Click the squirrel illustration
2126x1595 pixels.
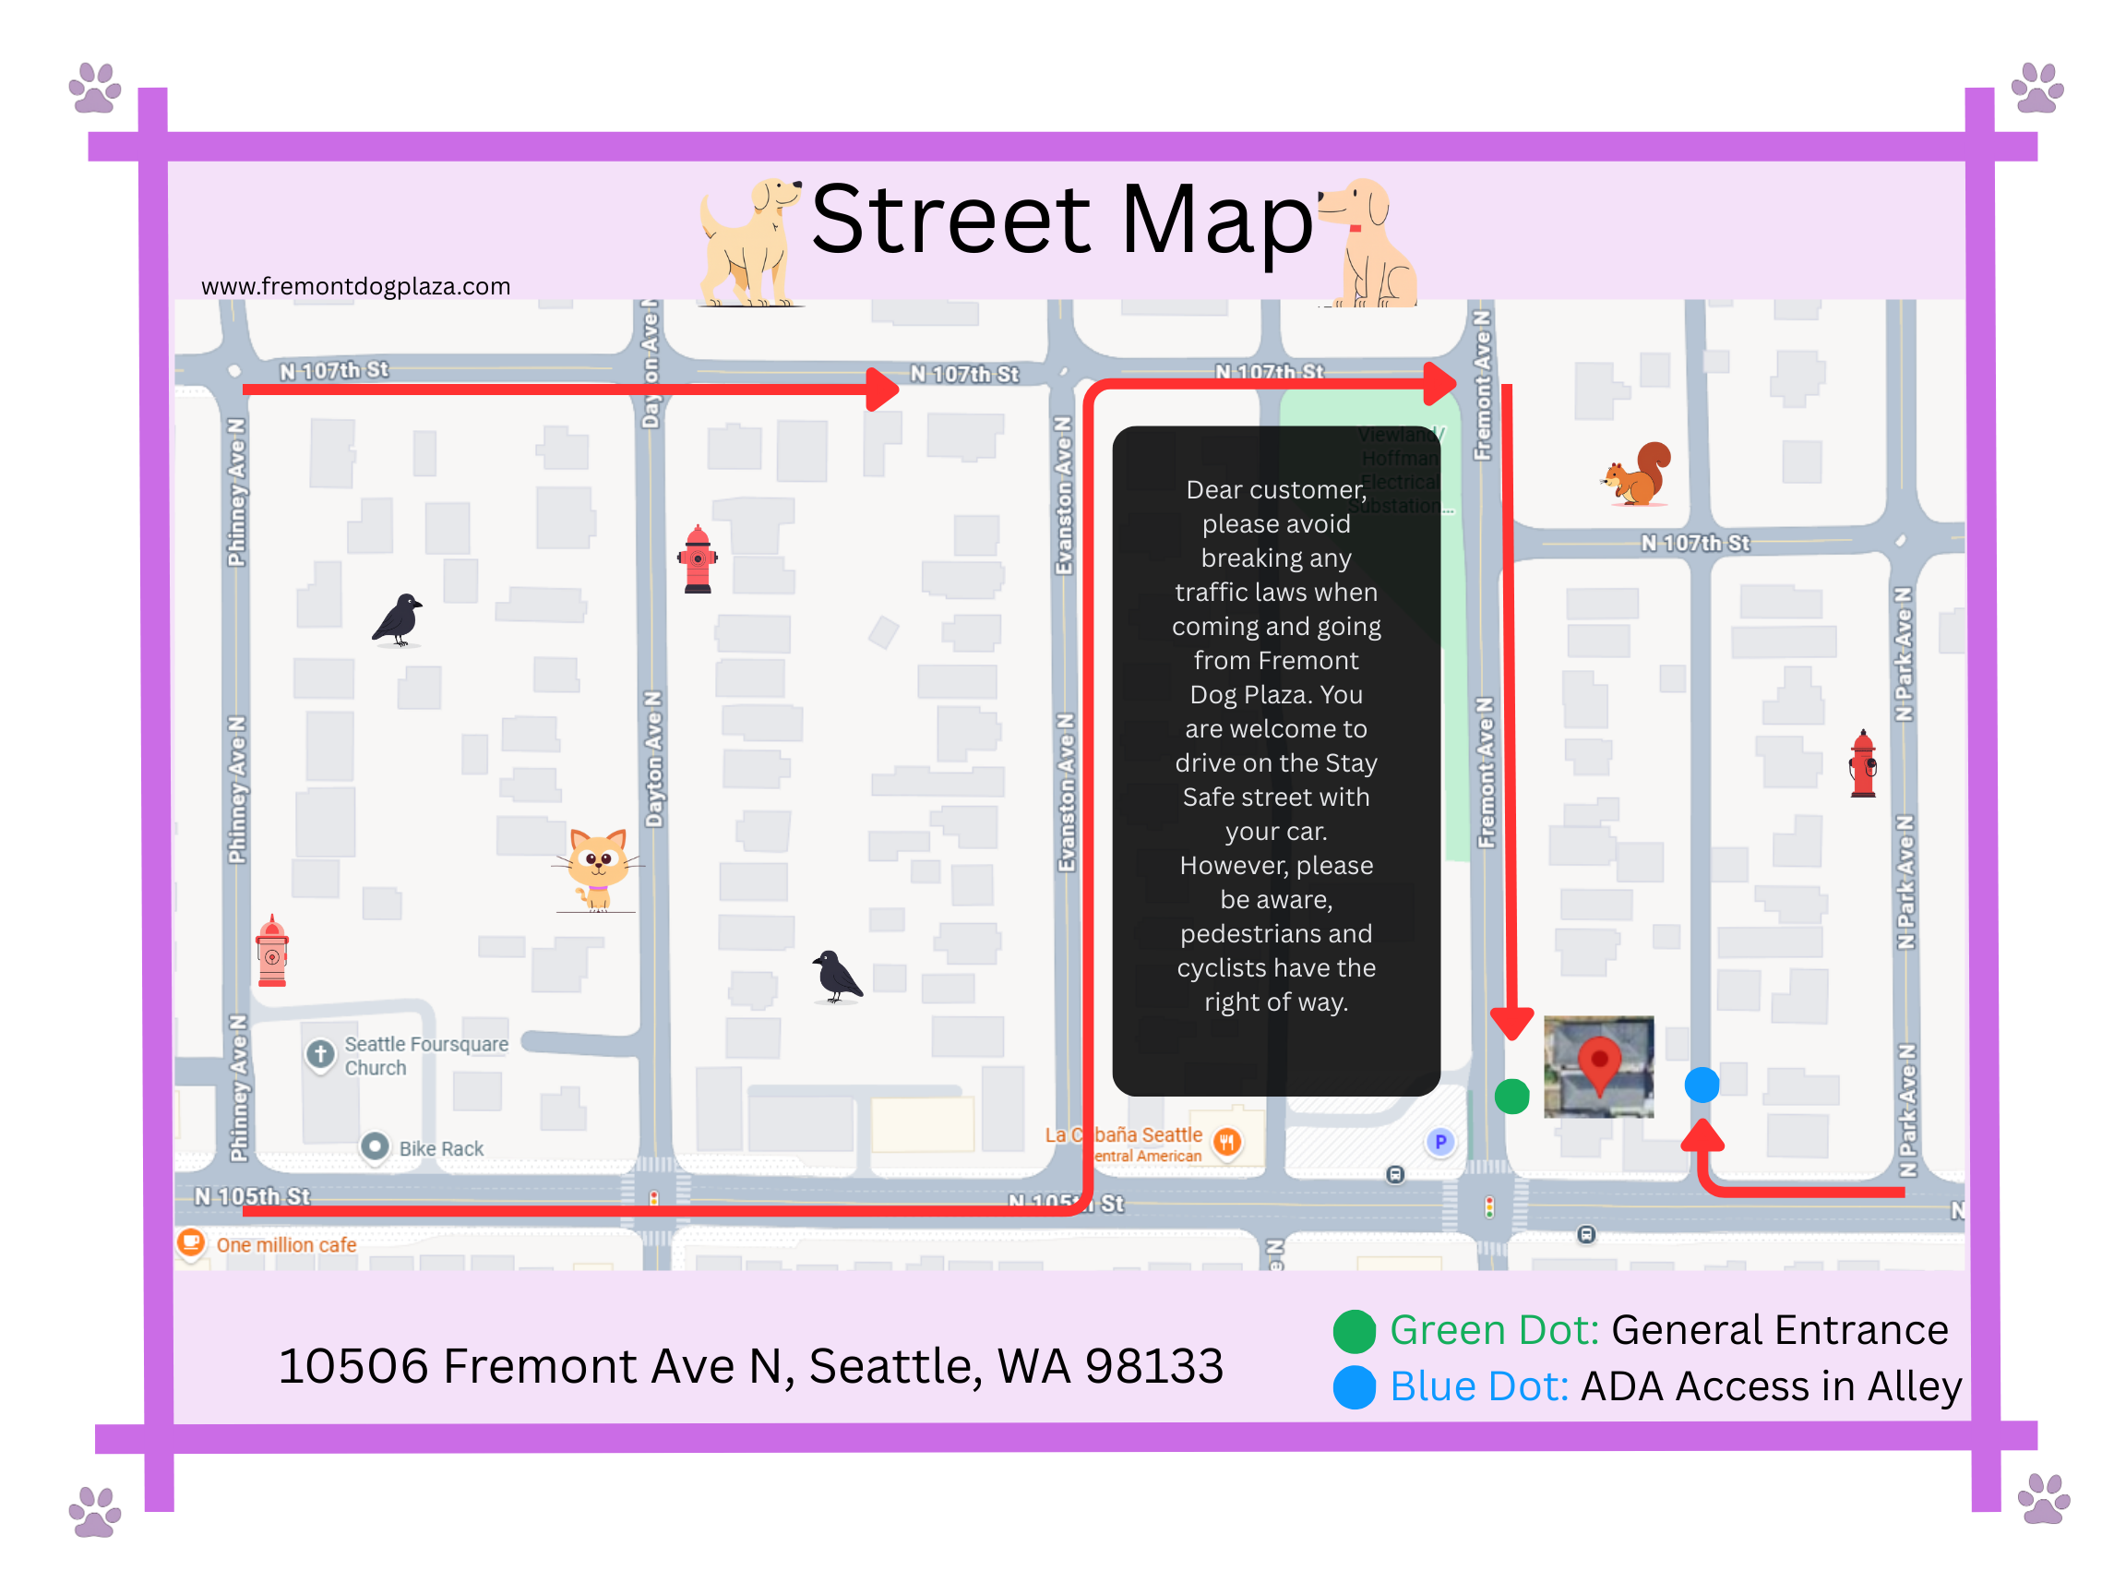pyautogui.click(x=1638, y=473)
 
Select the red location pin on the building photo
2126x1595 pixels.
pyautogui.click(x=1598, y=1062)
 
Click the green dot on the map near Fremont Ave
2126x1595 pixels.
pyautogui.click(x=1511, y=1096)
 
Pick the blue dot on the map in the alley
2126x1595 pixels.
pyautogui.click(x=1702, y=1085)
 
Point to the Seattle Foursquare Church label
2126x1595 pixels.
pyautogui.click(x=424, y=1056)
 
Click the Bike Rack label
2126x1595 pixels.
pyautogui.click(x=440, y=1149)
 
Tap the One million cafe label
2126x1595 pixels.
pyautogui.click(x=285, y=1245)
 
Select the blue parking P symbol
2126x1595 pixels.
pyautogui.click(x=1439, y=1142)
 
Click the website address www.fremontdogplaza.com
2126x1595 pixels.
pyautogui.click(x=355, y=286)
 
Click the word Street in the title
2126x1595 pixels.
pyautogui.click(x=950, y=222)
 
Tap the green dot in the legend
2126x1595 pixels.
pyautogui.click(x=1355, y=1332)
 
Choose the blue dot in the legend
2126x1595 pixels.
pyautogui.click(x=1355, y=1387)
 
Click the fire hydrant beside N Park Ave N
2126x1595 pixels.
pyautogui.click(x=1863, y=764)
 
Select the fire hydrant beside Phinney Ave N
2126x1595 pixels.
pyautogui.click(x=272, y=951)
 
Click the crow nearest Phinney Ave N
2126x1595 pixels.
pyautogui.click(x=399, y=619)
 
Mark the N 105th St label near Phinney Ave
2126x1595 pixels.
pyautogui.click(x=252, y=1196)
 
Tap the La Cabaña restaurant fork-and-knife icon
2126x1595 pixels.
pyautogui.click(x=1226, y=1141)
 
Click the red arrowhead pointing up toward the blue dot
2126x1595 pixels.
pyautogui.click(x=1702, y=1136)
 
